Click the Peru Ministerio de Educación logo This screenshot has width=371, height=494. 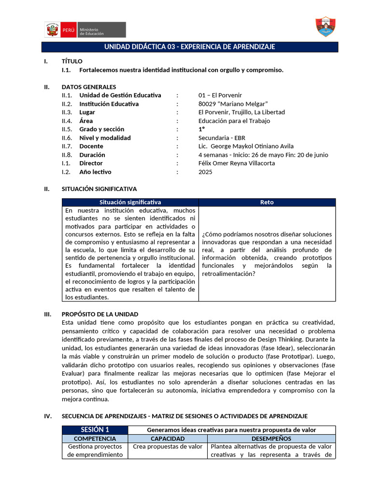pyautogui.click(x=85, y=29)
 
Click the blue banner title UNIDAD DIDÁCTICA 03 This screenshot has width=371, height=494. pyautogui.click(x=189, y=47)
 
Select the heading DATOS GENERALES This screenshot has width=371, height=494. pyautogui.click(x=89, y=87)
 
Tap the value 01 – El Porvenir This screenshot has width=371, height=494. pyautogui.click(x=220, y=96)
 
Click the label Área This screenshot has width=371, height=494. pyautogui.click(x=86, y=121)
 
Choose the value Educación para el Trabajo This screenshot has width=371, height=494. pyautogui.click(x=234, y=121)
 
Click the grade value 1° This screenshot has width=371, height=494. pyautogui.click(x=201, y=129)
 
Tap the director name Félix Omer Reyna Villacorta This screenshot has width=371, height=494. pyautogui.click(x=237, y=164)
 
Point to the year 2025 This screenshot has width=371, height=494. pyautogui.click(x=205, y=172)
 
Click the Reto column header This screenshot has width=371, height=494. pyautogui.click(x=267, y=203)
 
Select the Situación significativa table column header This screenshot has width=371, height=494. pyautogui.click(x=130, y=203)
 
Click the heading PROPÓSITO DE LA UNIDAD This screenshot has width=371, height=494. pyautogui.click(x=100, y=314)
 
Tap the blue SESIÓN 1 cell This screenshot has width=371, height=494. pyautogui.click(x=95, y=430)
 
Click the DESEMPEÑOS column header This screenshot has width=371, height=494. pyautogui.click(x=271, y=439)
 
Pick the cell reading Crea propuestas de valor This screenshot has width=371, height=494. pyautogui.click(x=168, y=447)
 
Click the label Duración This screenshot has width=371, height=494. pyautogui.click(x=92, y=155)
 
